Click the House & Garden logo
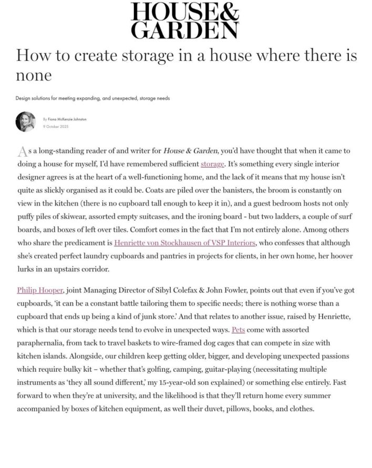click(x=184, y=20)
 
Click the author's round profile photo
click(x=26, y=122)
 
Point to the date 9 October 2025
click(x=56, y=127)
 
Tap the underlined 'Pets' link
click(x=238, y=330)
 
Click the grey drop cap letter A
click(x=23, y=151)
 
